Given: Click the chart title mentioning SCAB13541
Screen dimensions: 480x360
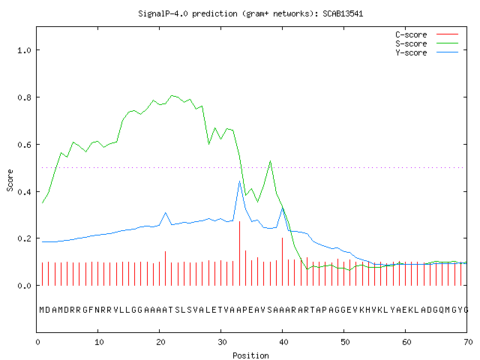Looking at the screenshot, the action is (250, 13).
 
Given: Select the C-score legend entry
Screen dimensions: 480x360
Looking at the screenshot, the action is (427, 34).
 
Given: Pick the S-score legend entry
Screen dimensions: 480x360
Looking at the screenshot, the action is (427, 43).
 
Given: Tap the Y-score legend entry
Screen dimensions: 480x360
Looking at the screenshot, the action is (427, 52).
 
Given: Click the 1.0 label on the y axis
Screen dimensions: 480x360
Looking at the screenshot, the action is (24, 50).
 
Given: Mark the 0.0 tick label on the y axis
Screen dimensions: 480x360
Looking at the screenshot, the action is (24, 286).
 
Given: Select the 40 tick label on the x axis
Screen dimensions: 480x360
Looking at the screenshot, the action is (283, 342).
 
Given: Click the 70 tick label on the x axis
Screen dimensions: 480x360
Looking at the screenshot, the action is (468, 342).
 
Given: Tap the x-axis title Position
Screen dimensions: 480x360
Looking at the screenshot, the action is (250, 355).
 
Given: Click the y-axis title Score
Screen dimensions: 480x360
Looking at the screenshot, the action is (10, 180).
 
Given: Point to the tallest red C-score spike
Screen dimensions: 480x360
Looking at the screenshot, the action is (240, 253).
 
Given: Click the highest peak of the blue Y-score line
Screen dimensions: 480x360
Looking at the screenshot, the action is (240, 181).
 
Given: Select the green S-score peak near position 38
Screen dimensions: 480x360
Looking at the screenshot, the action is (270, 161).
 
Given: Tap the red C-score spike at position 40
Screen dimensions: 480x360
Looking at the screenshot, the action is (282, 262).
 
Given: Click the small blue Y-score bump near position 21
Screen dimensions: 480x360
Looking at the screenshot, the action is (165, 212).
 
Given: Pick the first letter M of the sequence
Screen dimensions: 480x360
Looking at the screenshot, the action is (42, 310).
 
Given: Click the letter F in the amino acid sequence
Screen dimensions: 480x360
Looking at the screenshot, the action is (91, 310).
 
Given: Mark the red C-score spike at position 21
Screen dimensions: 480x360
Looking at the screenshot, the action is (165, 268).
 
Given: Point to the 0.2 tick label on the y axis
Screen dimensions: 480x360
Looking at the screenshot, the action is (24, 238).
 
